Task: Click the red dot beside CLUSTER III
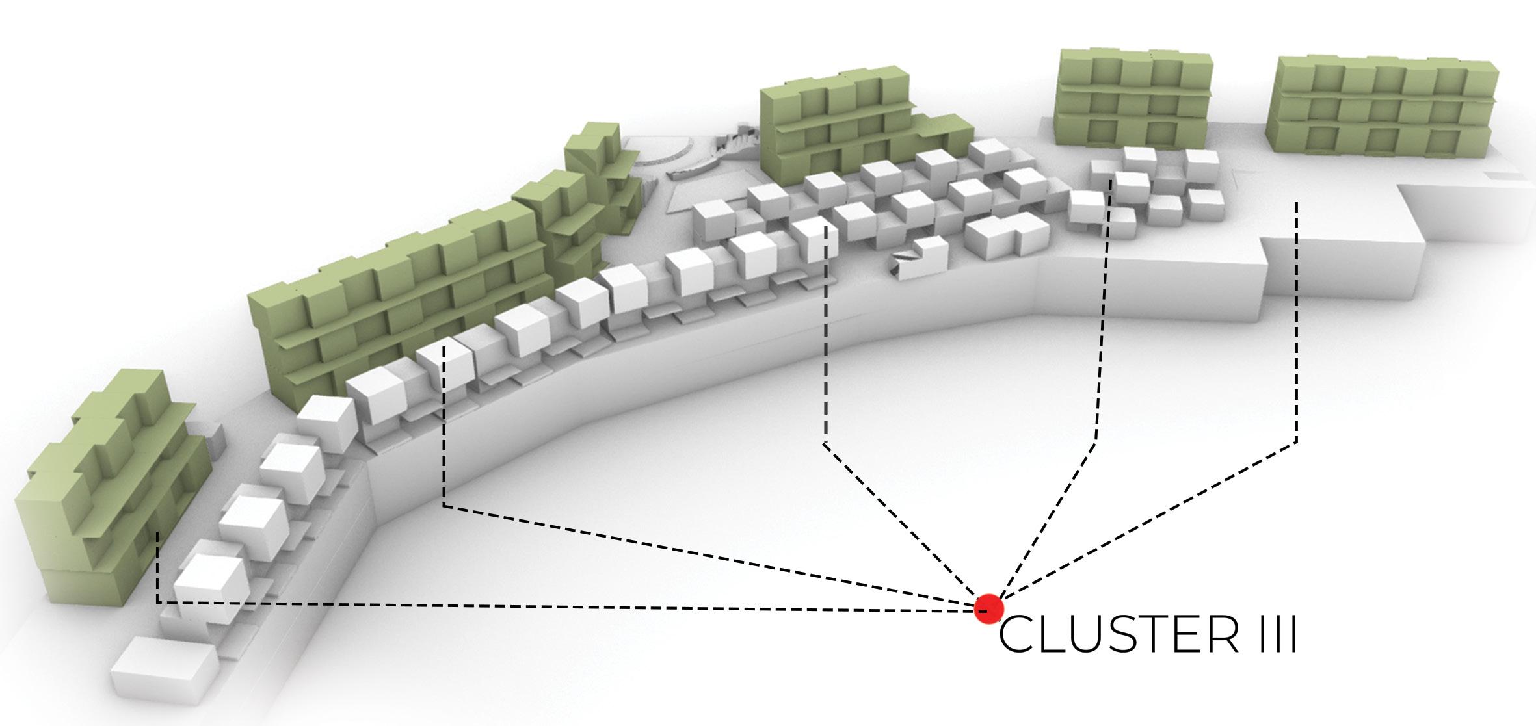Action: pyautogui.click(x=988, y=609)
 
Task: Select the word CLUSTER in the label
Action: pyautogui.click(x=1118, y=638)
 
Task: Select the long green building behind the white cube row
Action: pyautogui.click(x=397, y=299)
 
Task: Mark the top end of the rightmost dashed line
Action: pyautogui.click(x=1297, y=203)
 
